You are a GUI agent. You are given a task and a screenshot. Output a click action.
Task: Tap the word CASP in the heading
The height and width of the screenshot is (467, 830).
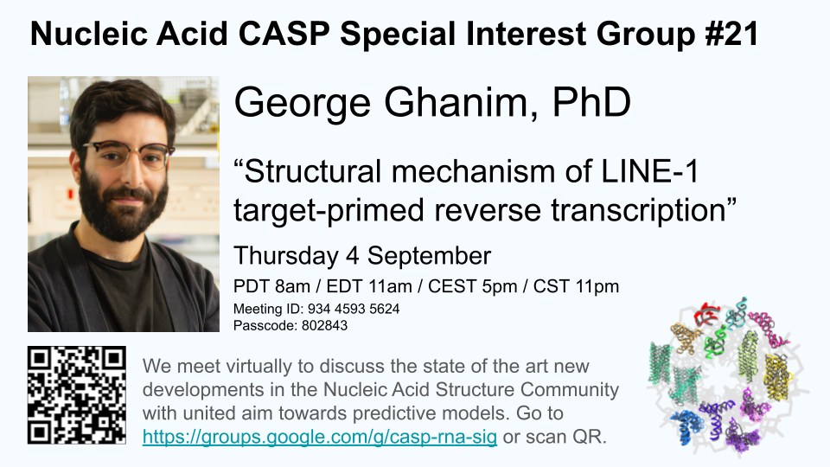pyautogui.click(x=284, y=35)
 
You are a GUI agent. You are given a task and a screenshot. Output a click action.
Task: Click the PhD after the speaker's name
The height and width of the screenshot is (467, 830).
pyautogui.click(x=591, y=102)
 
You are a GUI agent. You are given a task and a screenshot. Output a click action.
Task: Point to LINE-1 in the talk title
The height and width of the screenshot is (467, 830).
pyautogui.click(x=650, y=171)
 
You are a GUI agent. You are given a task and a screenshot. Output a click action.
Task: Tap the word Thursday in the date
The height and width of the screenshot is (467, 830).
pyautogui.click(x=286, y=256)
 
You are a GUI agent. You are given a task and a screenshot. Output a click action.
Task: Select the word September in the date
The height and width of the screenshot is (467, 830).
pyautogui.click(x=430, y=256)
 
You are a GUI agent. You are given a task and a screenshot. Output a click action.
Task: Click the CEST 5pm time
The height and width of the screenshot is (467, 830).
pyautogui.click(x=473, y=286)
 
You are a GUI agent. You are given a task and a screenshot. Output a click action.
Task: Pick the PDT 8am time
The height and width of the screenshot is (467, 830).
pyautogui.click(x=272, y=286)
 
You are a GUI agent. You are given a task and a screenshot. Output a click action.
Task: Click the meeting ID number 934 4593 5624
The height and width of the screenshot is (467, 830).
pyautogui.click(x=354, y=309)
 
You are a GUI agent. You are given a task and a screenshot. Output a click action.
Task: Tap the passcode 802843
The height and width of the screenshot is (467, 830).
pyautogui.click(x=324, y=325)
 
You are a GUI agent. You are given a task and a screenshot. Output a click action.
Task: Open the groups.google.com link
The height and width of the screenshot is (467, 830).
pyautogui.click(x=320, y=438)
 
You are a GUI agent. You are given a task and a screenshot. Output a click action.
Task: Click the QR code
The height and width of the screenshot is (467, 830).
pyautogui.click(x=77, y=395)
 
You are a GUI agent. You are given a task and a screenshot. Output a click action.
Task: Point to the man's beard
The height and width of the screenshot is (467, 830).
pyautogui.click(x=123, y=207)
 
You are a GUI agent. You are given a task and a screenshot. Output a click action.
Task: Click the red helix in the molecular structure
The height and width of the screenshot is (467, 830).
pyautogui.click(x=707, y=314)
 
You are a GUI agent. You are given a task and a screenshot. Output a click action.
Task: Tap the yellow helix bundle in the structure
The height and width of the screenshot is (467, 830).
pyautogui.click(x=777, y=376)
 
